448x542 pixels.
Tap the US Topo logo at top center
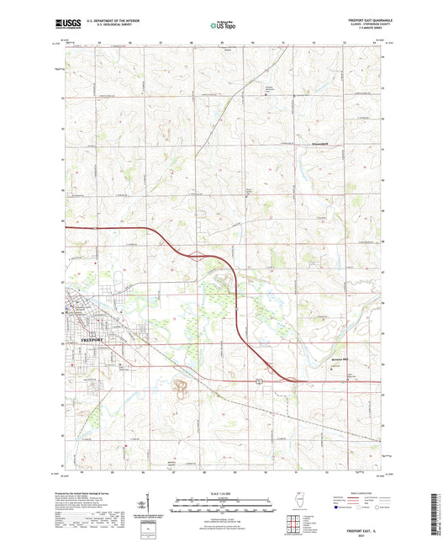click(223, 25)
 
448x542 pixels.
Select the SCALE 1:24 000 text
click(223, 482)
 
